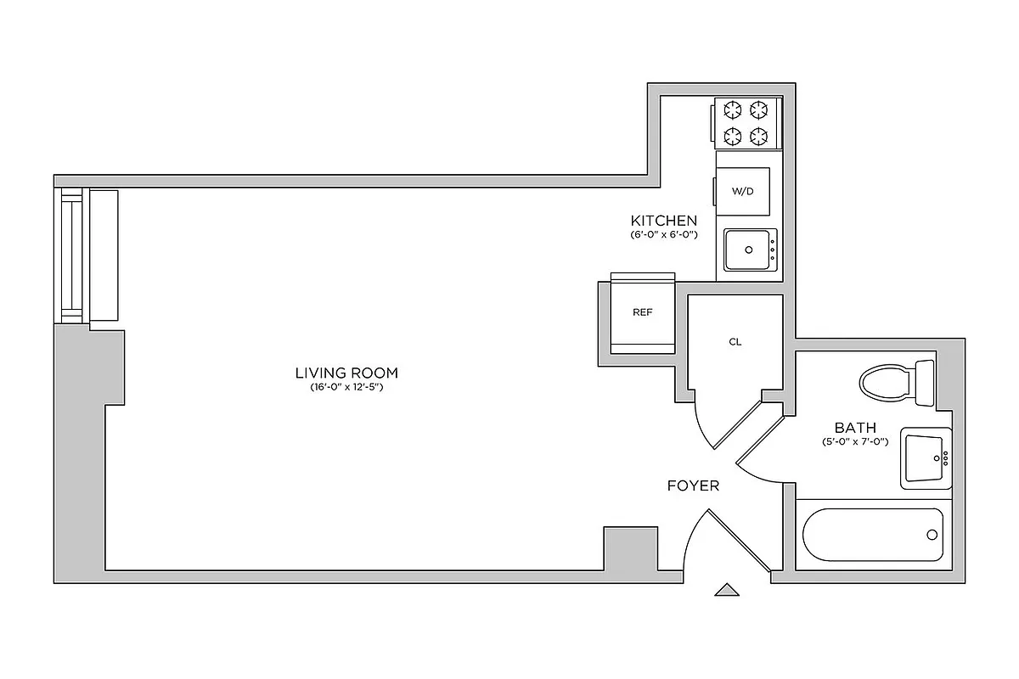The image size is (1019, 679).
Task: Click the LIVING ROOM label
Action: pos(346,373)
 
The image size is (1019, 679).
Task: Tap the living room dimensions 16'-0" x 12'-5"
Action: pos(346,388)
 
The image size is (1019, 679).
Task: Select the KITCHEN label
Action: pos(663,221)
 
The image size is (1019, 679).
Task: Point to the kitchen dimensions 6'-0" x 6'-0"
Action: pos(663,234)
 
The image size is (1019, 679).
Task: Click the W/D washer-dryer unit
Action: pos(743,190)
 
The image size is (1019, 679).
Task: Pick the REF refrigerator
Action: pos(643,312)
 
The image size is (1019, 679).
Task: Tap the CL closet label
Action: pos(735,342)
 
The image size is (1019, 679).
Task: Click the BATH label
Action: pos(855,428)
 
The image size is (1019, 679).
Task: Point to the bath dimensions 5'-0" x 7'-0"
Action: pos(855,442)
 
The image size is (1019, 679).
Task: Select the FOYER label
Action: pos(693,486)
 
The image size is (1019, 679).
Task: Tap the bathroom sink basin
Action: pos(924,458)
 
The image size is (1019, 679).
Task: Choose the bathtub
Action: pos(872,535)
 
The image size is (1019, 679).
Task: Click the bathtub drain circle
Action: pos(932,535)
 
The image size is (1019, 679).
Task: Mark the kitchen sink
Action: pos(750,250)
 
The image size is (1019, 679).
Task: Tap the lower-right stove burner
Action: pos(760,135)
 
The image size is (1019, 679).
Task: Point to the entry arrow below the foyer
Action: pos(726,590)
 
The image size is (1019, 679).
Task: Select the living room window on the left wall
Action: pos(70,255)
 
